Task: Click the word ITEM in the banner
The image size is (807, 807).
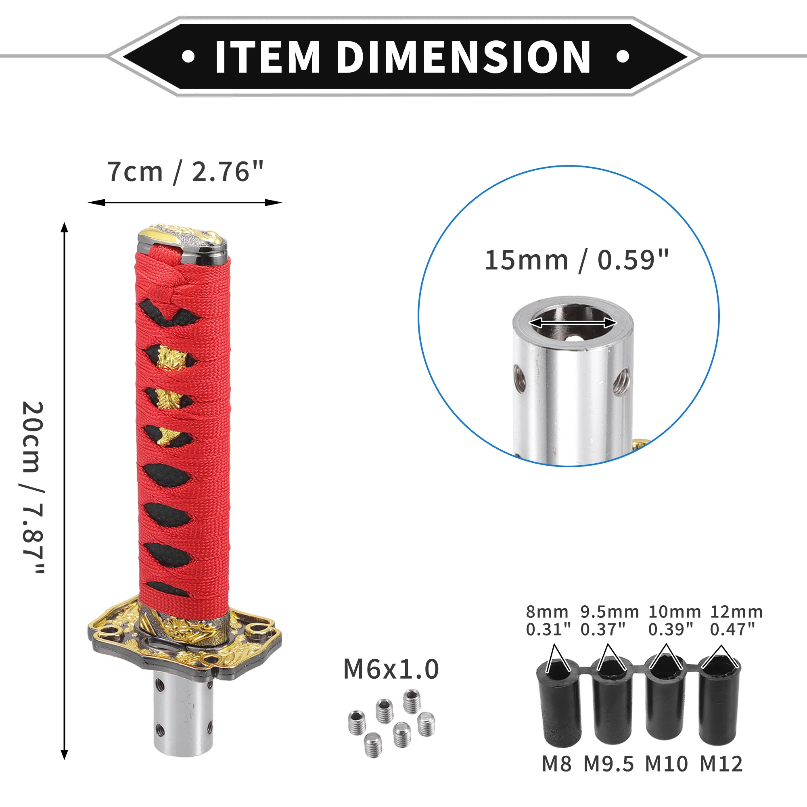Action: (x=268, y=57)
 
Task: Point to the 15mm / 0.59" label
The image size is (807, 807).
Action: (x=577, y=260)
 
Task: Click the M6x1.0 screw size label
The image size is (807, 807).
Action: (x=391, y=669)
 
